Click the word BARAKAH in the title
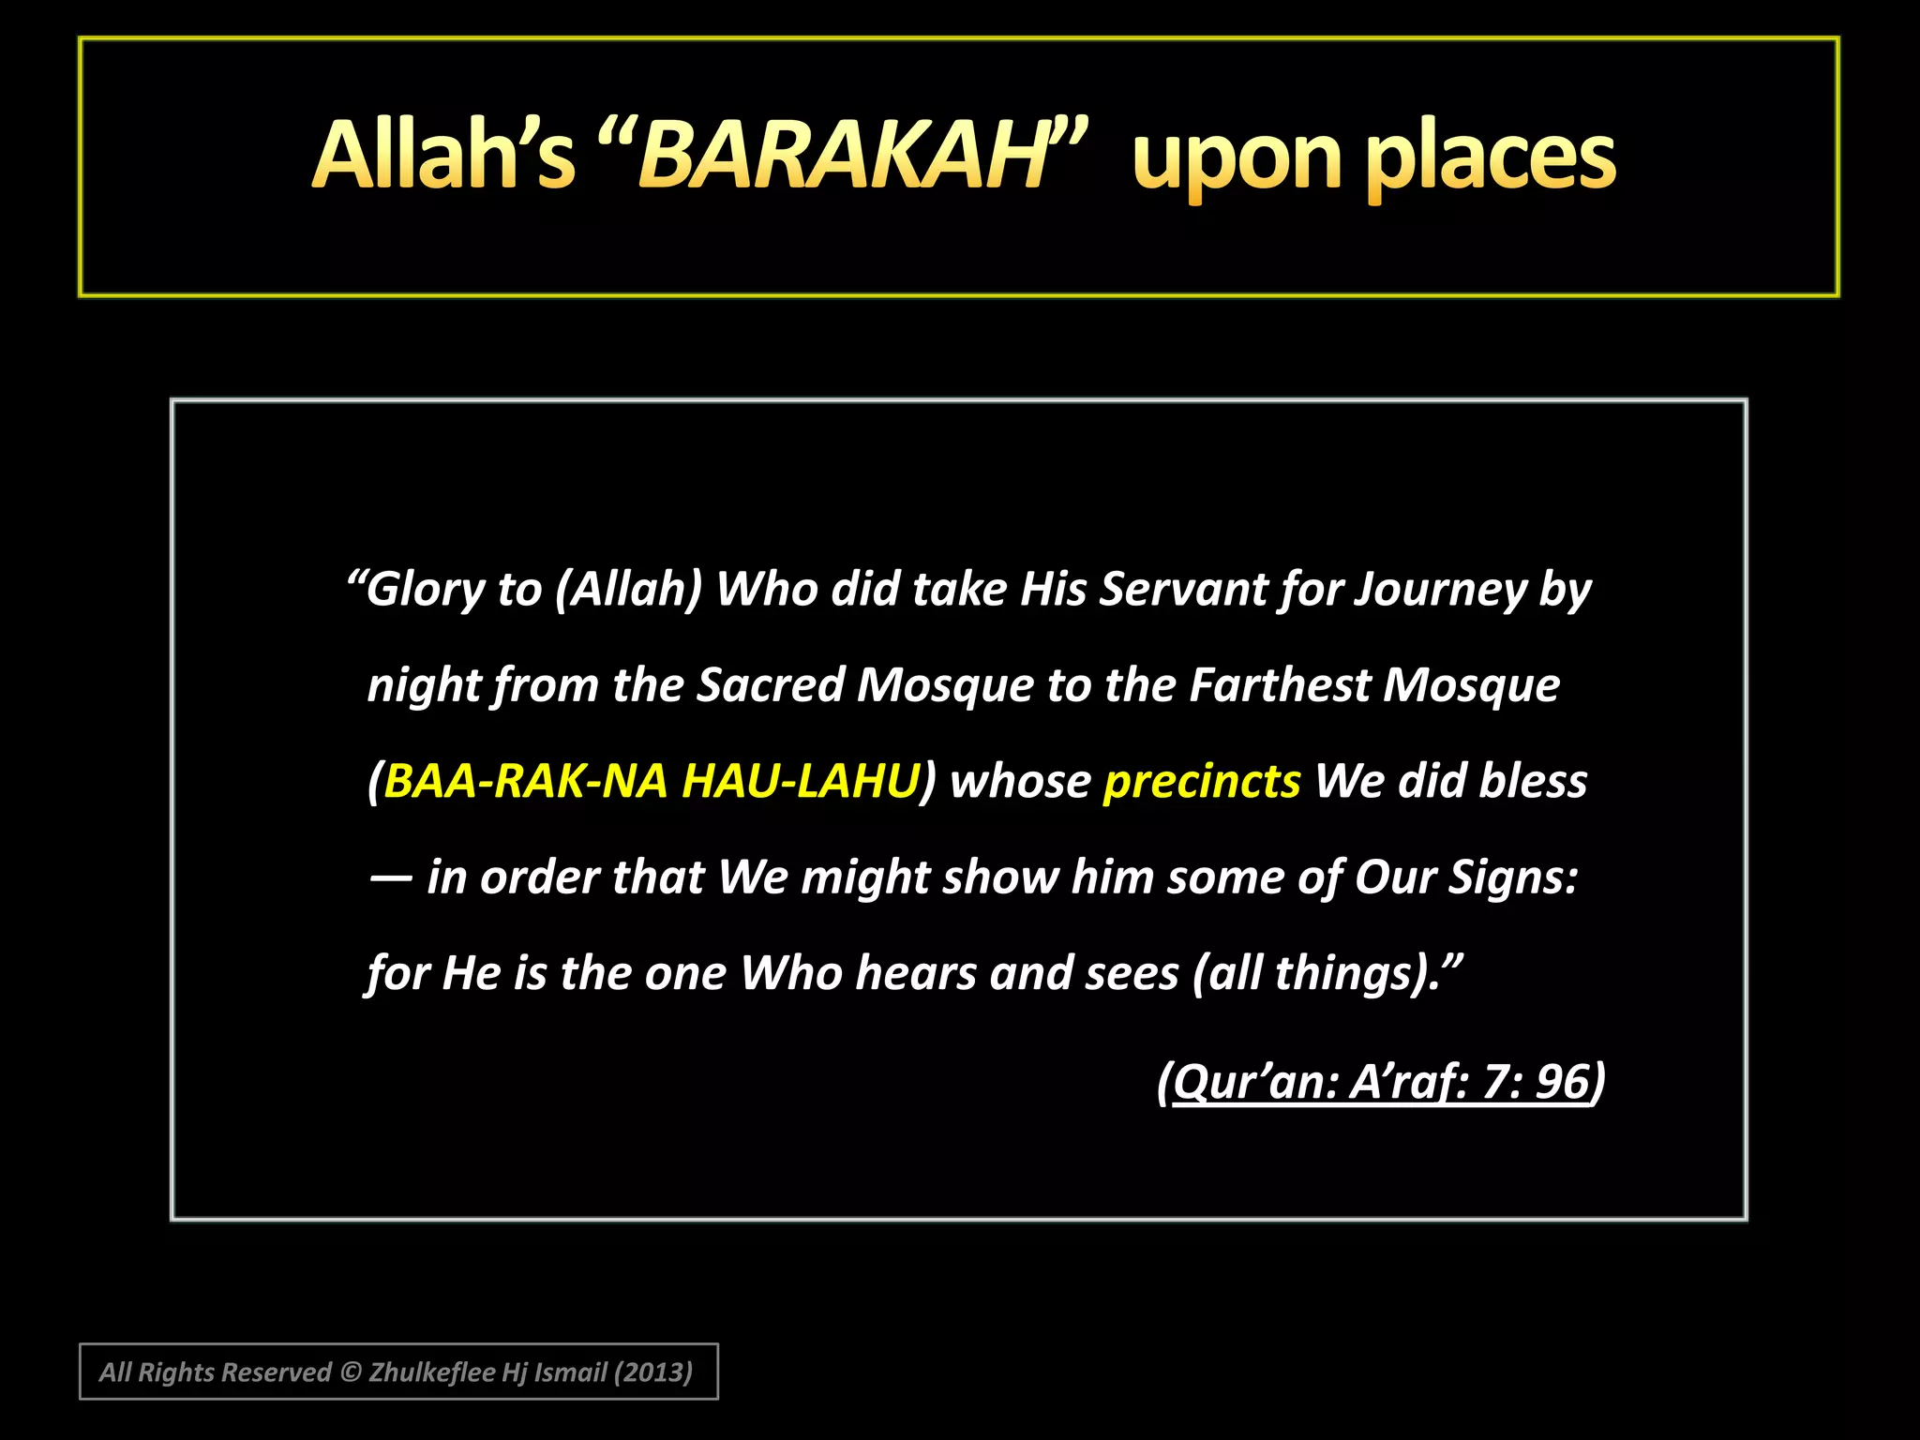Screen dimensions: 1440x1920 point(844,156)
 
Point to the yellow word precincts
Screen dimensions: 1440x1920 point(1202,781)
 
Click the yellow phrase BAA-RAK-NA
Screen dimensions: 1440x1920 point(525,781)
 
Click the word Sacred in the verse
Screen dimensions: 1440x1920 point(771,685)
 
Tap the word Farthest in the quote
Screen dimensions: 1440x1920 point(1279,685)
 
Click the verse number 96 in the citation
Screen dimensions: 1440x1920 point(1562,1081)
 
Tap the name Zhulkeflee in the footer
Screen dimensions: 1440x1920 point(431,1372)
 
